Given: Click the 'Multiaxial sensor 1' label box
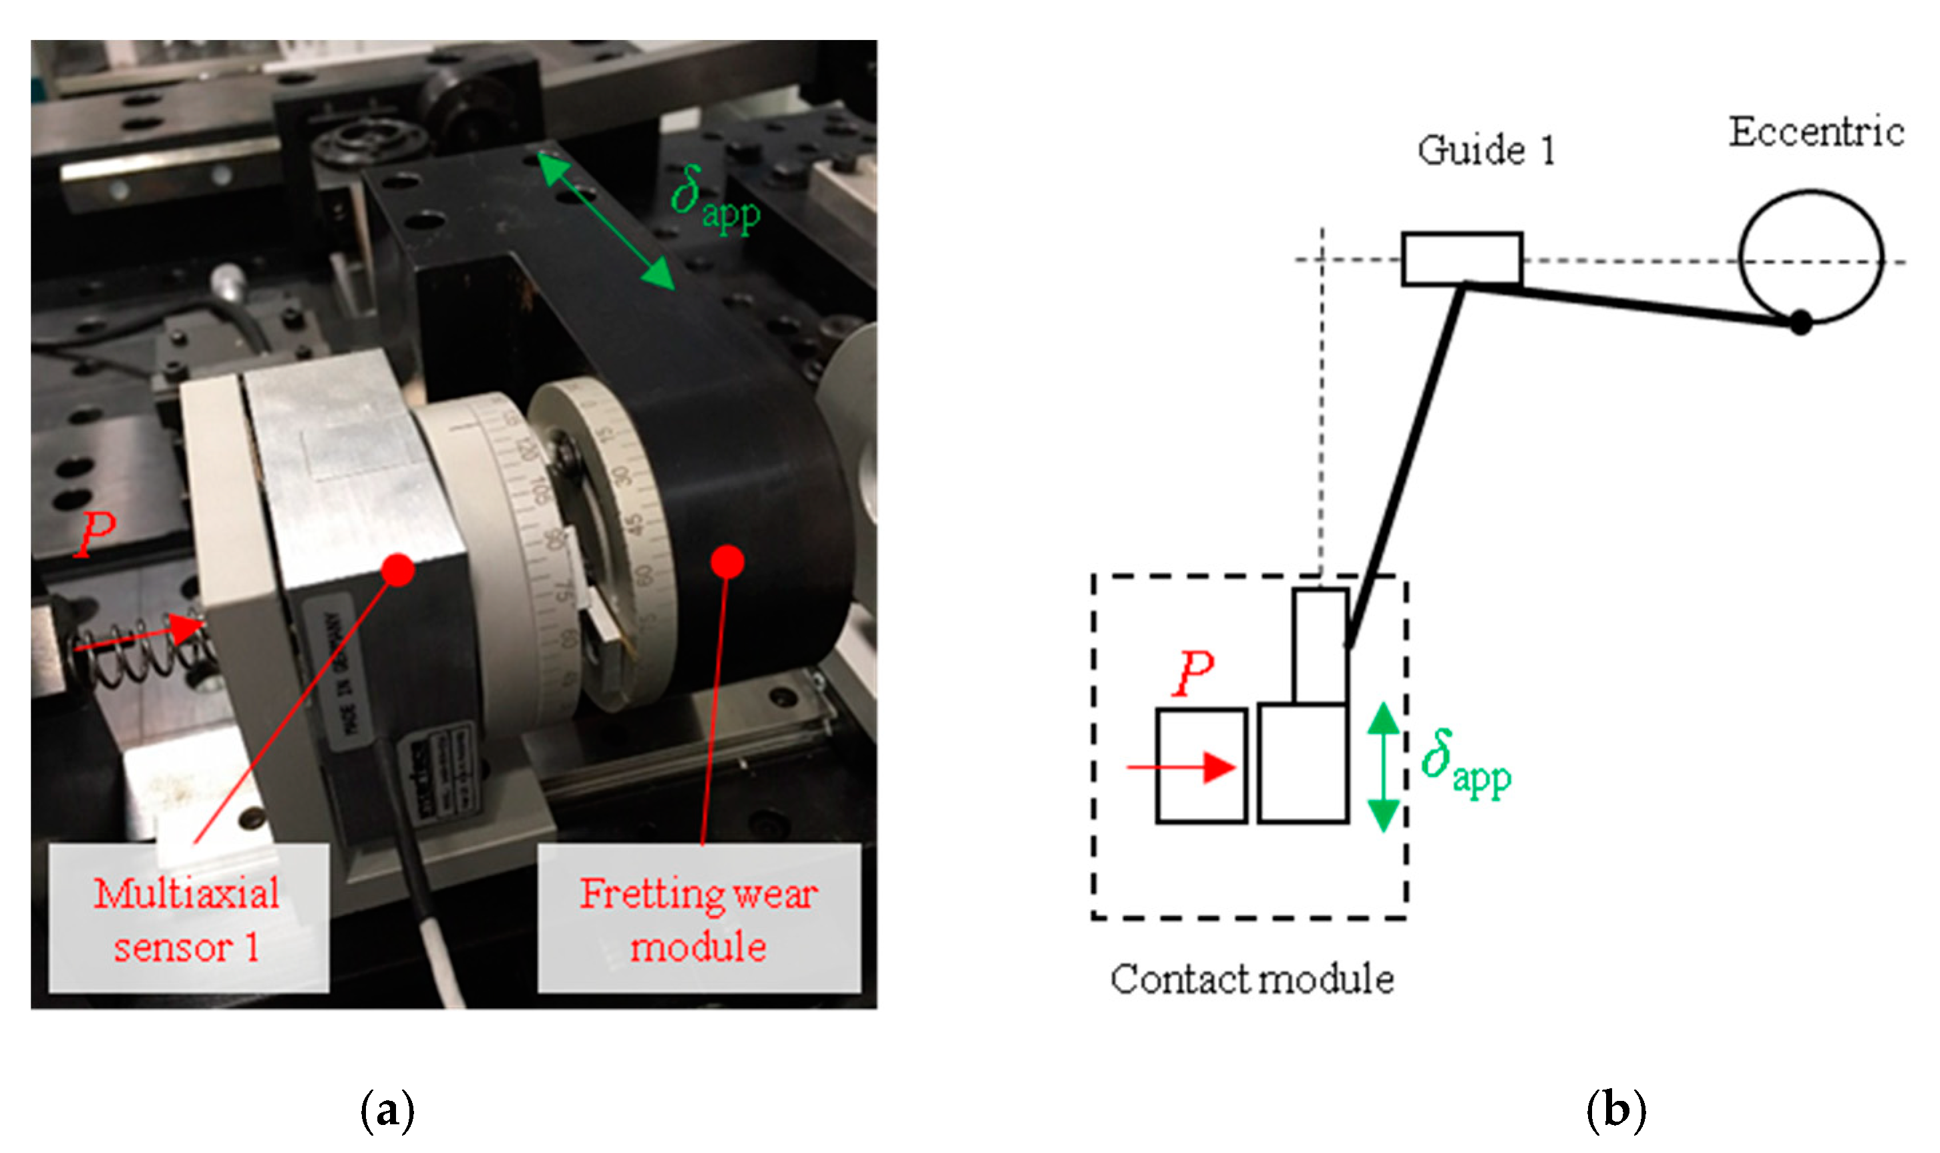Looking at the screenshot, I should coord(188,917).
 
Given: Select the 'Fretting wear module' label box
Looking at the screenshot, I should coord(699,917).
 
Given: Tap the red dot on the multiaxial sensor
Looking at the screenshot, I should coord(398,569).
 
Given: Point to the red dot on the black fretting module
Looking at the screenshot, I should coord(727,561).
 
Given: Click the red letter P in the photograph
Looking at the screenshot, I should coord(95,535).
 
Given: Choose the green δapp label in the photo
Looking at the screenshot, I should coord(713,200).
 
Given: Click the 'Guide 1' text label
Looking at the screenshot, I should coord(1485,150).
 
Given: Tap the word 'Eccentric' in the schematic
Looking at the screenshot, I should coord(1816,132).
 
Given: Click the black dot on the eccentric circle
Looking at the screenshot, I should coord(1800,322).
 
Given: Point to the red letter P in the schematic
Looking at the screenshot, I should coord(1194,673).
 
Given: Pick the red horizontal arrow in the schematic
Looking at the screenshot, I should coord(1181,767).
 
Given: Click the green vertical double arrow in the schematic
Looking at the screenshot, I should coord(1383,767).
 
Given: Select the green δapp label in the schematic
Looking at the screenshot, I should coord(1465,764).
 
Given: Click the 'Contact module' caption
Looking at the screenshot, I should coord(1251,979).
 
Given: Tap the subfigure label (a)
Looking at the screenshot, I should coord(387,1110).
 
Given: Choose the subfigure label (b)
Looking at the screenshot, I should coord(1615,1110).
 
